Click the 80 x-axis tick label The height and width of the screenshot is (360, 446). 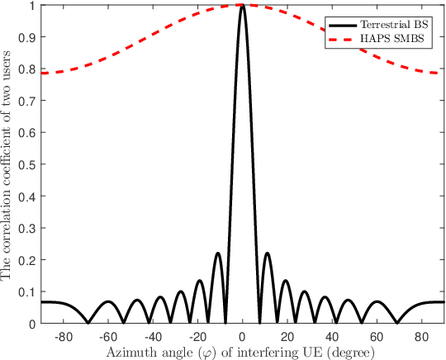[x=421, y=338]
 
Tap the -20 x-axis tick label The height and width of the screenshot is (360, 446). [x=197, y=338]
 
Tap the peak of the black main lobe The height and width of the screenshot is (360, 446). [x=241, y=6]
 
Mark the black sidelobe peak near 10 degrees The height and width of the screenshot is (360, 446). [x=267, y=253]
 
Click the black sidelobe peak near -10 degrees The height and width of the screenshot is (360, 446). [x=217, y=253]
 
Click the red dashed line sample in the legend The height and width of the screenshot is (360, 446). [x=342, y=40]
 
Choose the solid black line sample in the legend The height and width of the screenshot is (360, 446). [x=342, y=24]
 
